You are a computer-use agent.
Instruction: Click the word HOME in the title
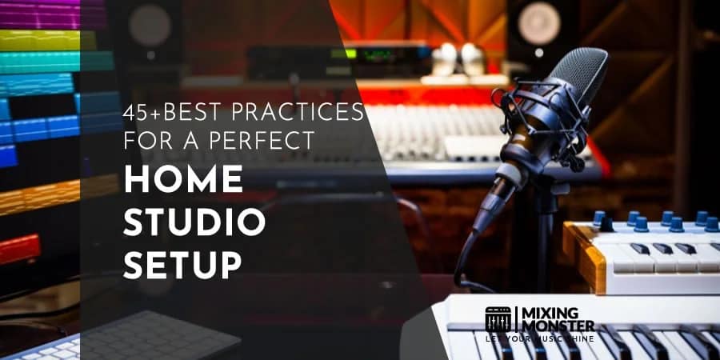tap(183, 180)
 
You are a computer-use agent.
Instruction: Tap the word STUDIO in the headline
tap(194, 223)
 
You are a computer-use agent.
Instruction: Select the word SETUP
tap(183, 266)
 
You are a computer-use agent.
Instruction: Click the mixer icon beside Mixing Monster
tap(498, 319)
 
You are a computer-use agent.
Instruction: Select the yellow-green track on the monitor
tap(48, 39)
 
